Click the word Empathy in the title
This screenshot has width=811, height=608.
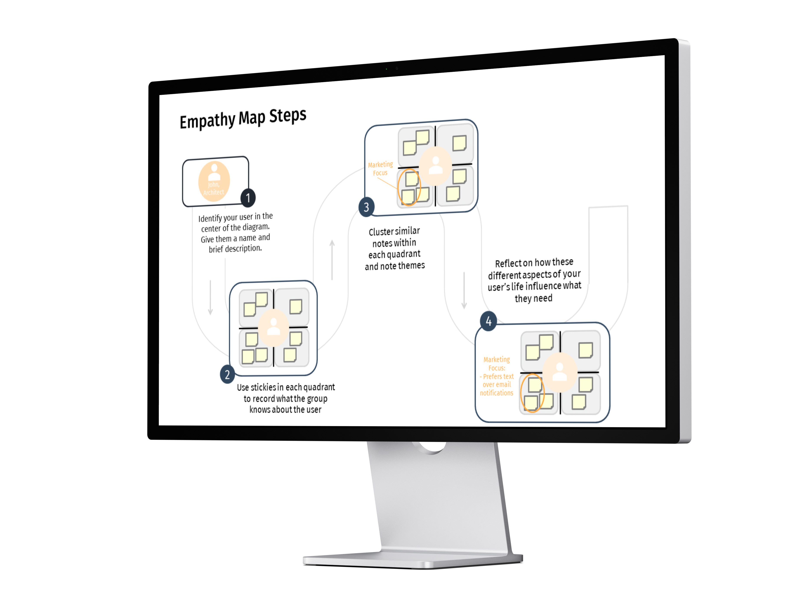click(x=207, y=121)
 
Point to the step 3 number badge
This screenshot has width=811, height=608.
click(x=366, y=207)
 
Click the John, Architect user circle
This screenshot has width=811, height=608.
click(x=214, y=181)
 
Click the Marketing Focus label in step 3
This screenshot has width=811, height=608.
click(x=381, y=169)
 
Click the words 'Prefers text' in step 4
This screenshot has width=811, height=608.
click(x=498, y=376)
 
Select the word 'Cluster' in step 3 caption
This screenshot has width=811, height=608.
click(x=381, y=232)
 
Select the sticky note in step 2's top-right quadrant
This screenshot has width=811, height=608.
click(x=296, y=306)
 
